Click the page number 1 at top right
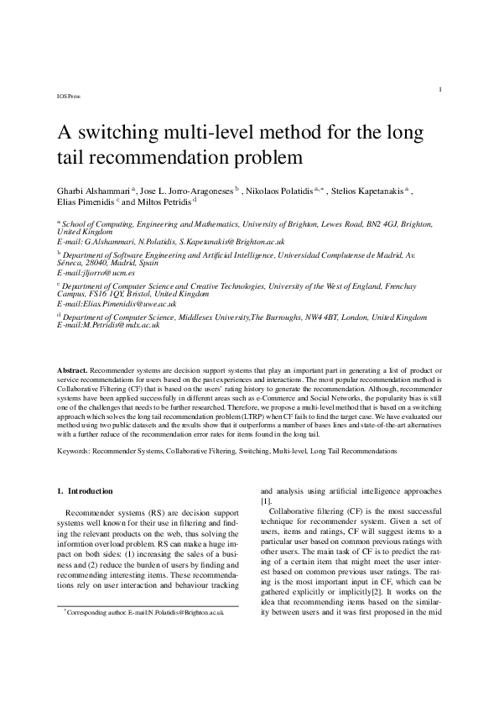tap(441, 89)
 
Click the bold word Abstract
tap(71, 369)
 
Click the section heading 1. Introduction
tap(89, 490)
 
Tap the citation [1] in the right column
tap(265, 500)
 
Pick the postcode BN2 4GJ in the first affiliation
tap(360, 225)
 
